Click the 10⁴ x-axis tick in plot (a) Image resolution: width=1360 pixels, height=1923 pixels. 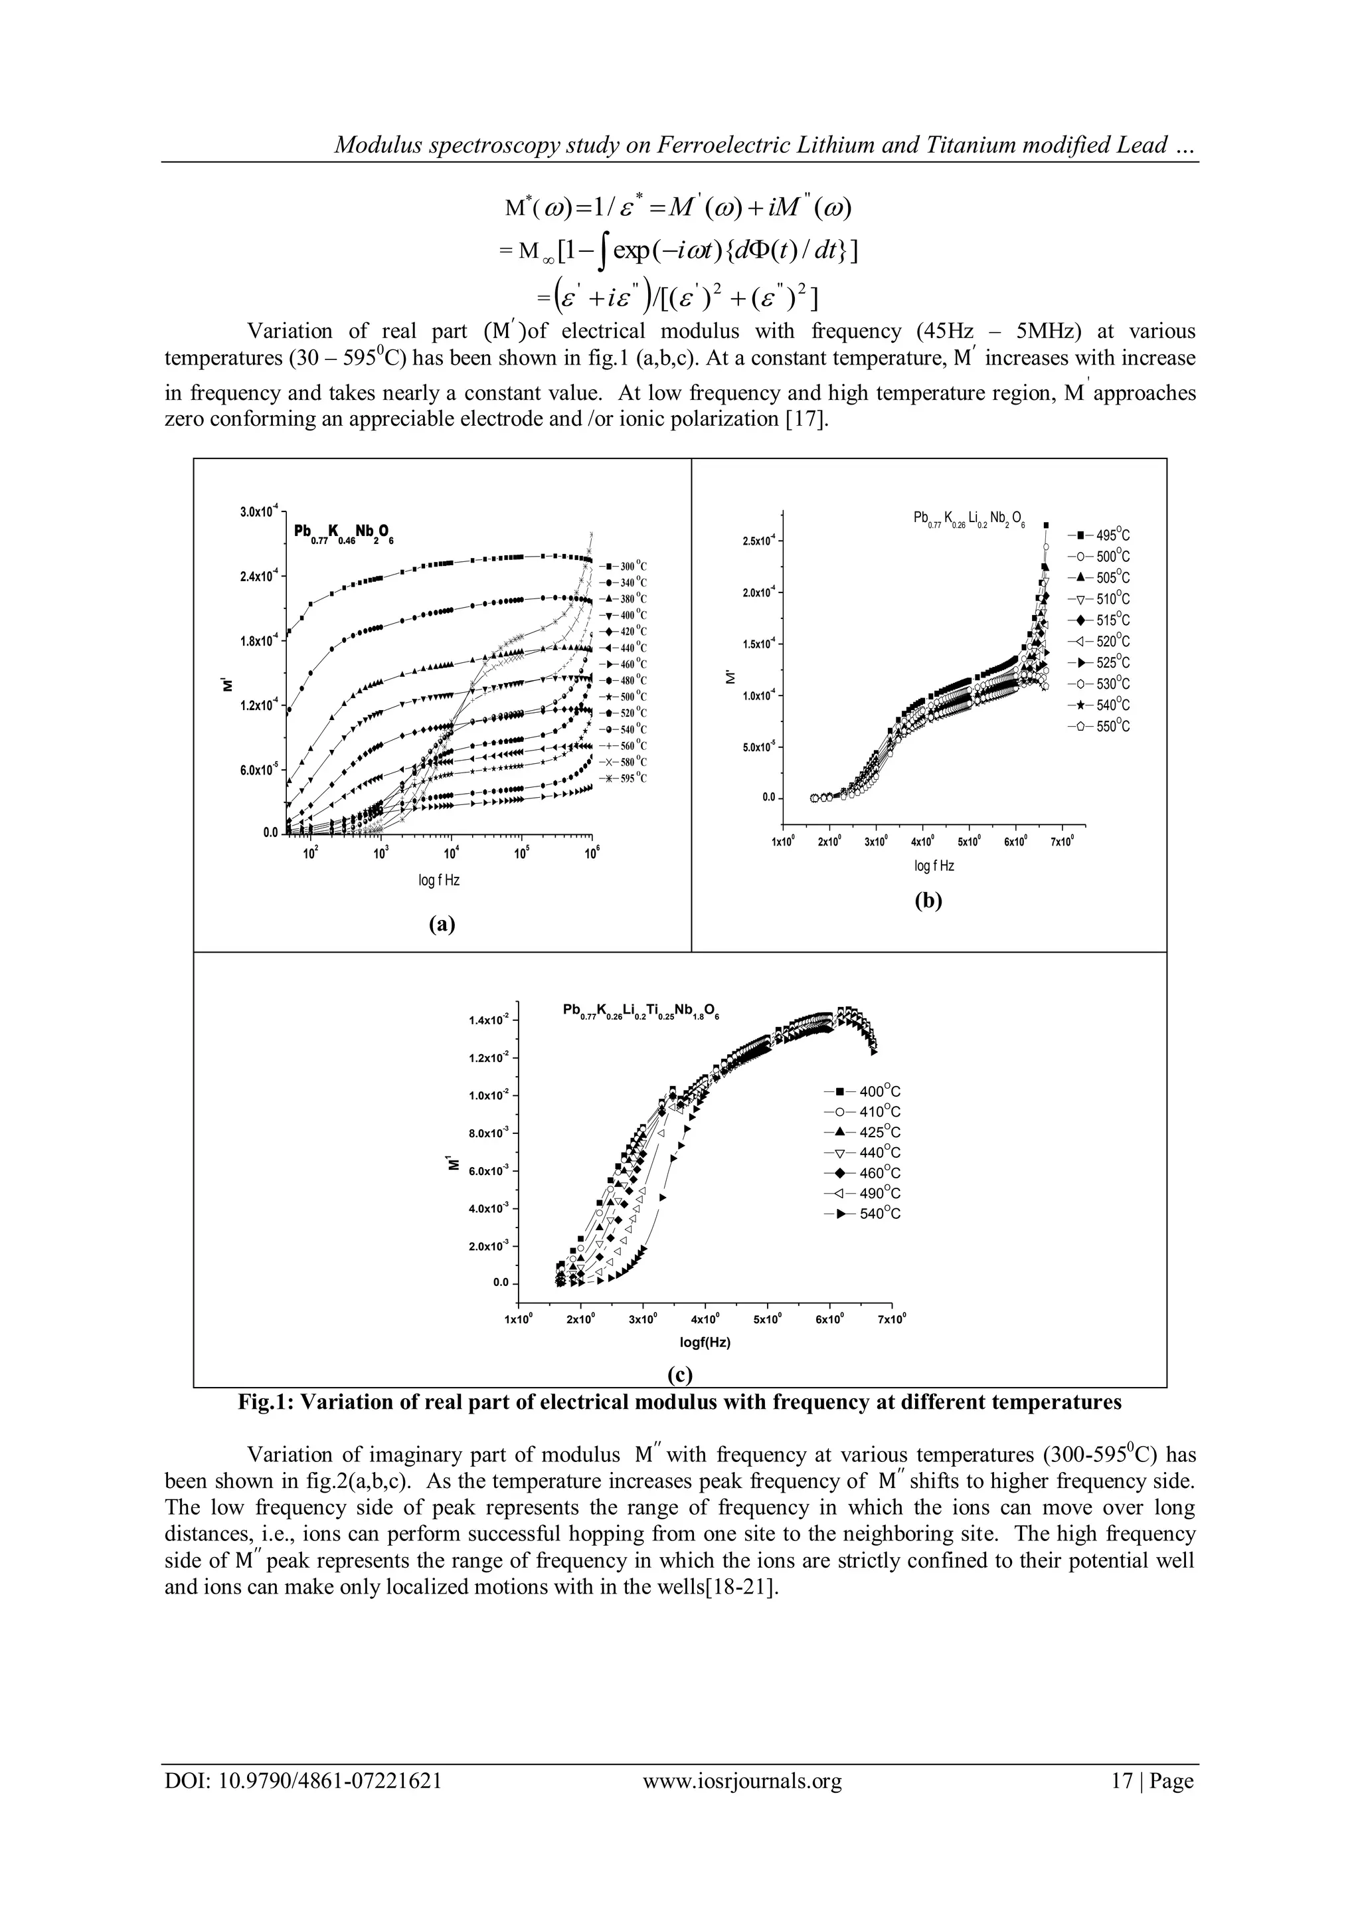[450, 854]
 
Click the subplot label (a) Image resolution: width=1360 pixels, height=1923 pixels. [442, 924]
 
